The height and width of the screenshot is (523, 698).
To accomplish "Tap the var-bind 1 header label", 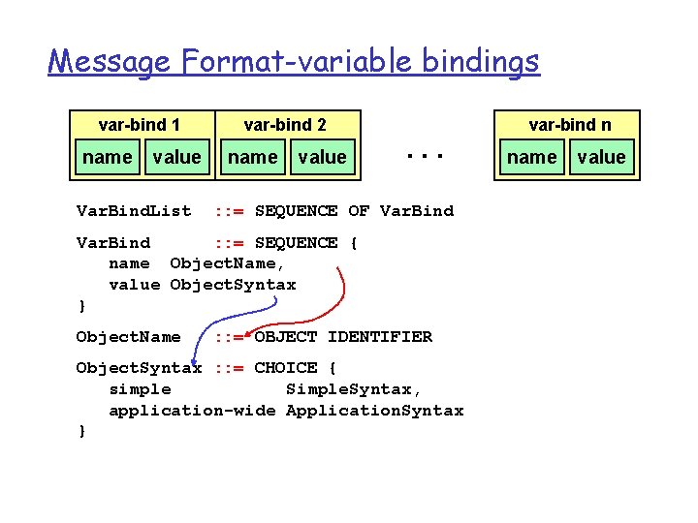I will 140,124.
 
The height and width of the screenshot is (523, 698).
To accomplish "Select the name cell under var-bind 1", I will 108,157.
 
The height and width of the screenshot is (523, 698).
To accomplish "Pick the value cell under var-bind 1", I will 176,157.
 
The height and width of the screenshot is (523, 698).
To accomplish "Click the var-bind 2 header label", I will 285,124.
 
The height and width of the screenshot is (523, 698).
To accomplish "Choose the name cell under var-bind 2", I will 252,157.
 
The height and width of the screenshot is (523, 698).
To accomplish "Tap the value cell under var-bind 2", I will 322,157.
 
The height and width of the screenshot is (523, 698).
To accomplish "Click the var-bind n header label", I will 569,124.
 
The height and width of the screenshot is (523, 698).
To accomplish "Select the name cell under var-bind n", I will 532,157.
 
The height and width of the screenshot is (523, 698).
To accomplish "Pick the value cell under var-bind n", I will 602,157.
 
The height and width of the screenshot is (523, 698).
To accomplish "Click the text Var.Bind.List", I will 134,210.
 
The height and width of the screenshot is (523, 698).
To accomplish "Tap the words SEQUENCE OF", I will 312,210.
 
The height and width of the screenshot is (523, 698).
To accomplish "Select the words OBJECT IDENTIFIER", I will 343,337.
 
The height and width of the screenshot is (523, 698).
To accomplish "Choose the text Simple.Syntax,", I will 354,389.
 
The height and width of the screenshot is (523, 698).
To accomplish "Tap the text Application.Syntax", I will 374,411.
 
